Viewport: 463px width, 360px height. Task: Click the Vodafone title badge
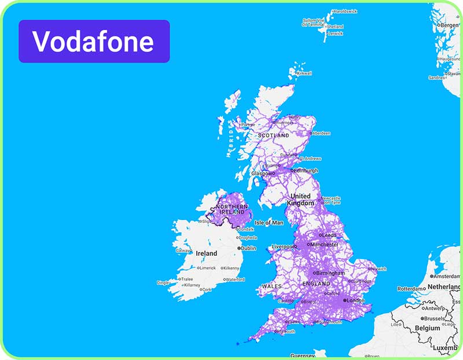pyautogui.click(x=94, y=41)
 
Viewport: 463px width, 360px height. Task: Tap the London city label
pyautogui.click(x=355, y=301)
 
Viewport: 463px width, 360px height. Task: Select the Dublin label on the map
pyautogui.click(x=248, y=248)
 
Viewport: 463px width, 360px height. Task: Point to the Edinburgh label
pyautogui.click(x=306, y=171)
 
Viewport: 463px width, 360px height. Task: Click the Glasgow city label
pyautogui.click(x=262, y=174)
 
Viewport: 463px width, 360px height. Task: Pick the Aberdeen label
pyautogui.click(x=321, y=133)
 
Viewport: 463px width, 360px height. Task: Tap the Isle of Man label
pyautogui.click(x=269, y=223)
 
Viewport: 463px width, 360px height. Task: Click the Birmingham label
pyautogui.click(x=330, y=273)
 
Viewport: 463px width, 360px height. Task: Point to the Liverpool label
pyautogui.click(x=282, y=247)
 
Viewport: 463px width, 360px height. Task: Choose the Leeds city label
pyautogui.click(x=329, y=236)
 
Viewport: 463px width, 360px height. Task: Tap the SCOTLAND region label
pyautogui.click(x=273, y=135)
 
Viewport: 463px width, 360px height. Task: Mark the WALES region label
pyautogui.click(x=271, y=286)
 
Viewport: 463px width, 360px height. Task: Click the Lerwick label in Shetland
pyautogui.click(x=335, y=34)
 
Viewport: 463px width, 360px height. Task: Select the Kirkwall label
pyautogui.click(x=304, y=74)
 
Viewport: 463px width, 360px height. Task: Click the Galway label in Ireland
pyautogui.click(x=183, y=251)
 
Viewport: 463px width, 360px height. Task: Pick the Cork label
pyautogui.click(x=207, y=289)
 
